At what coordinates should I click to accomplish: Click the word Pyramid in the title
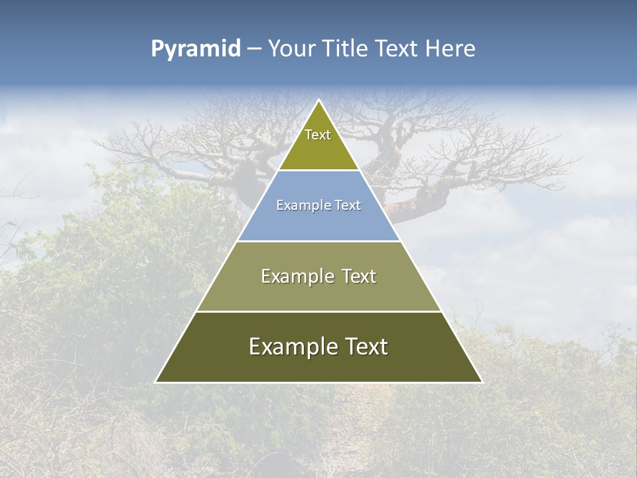tap(196, 49)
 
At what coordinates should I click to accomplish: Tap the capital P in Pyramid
tap(157, 48)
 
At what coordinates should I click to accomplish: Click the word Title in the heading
tap(345, 48)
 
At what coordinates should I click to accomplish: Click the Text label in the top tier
tap(318, 135)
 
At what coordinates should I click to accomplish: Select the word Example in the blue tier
tap(299, 206)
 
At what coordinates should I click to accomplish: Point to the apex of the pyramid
tap(318, 100)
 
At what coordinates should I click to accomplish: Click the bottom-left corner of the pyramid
tap(156, 382)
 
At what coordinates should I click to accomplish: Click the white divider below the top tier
tap(318, 171)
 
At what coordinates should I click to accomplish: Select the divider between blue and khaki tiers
tap(318, 241)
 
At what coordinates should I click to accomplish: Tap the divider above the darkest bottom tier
tap(318, 311)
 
